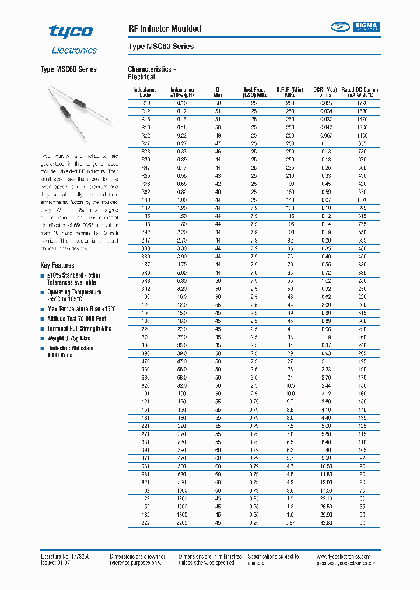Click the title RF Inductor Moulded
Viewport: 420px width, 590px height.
click(x=164, y=29)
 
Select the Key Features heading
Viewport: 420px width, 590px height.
click(x=57, y=265)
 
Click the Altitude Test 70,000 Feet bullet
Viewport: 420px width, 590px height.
click(x=76, y=319)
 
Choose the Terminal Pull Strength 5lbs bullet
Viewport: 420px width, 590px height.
click(x=79, y=329)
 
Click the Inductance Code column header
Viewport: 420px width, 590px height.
click(x=145, y=92)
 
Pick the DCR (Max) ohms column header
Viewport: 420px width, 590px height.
click(x=325, y=92)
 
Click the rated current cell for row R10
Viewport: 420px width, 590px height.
click(x=363, y=103)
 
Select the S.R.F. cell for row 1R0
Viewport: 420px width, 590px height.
click(x=290, y=200)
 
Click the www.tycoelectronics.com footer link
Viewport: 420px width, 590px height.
click(x=348, y=557)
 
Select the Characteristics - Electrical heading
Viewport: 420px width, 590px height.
click(x=152, y=73)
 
